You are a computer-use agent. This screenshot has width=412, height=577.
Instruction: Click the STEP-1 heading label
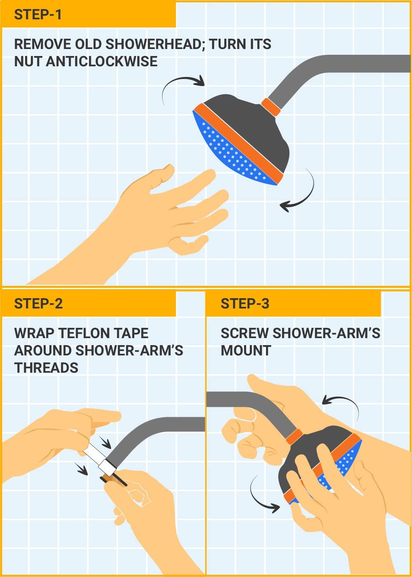(x=38, y=15)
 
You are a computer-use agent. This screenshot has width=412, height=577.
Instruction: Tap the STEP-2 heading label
(x=38, y=304)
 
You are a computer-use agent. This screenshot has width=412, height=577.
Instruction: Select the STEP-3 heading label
(x=245, y=304)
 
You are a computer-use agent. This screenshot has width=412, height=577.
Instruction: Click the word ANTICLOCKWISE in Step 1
(x=102, y=61)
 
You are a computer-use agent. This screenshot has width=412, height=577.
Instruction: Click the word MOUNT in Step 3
(x=246, y=350)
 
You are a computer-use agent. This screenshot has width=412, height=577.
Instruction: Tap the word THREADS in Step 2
(x=46, y=367)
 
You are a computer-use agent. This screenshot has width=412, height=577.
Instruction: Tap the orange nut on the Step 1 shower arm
(x=271, y=106)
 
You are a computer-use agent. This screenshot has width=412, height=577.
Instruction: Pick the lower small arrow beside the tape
(x=81, y=469)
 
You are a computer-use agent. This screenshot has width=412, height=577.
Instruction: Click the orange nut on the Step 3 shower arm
(x=294, y=437)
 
